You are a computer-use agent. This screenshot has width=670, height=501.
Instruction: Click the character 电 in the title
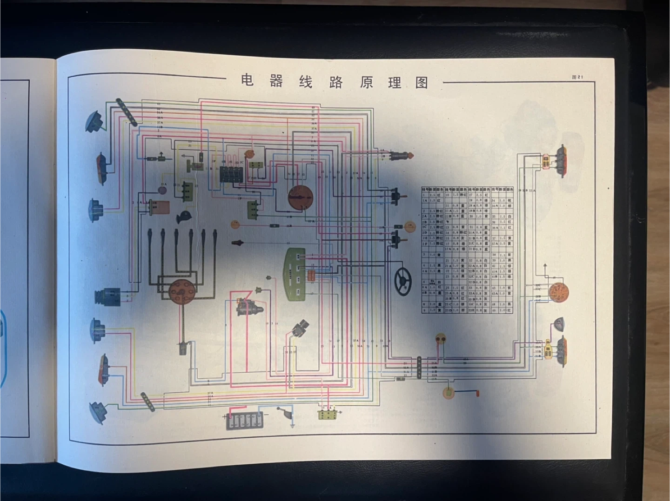tap(247, 80)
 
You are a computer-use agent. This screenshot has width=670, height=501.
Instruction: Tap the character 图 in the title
tap(422, 83)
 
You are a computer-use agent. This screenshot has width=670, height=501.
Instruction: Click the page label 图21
tap(577, 77)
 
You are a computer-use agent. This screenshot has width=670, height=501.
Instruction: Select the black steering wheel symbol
tap(403, 280)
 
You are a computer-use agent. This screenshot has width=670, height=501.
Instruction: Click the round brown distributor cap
tap(178, 291)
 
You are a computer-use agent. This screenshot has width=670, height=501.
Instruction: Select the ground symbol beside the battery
tap(292, 424)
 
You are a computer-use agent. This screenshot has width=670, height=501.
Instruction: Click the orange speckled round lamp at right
tap(558, 292)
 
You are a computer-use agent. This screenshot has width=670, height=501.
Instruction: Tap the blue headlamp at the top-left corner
tap(94, 122)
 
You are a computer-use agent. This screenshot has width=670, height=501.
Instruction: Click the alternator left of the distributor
tap(108, 296)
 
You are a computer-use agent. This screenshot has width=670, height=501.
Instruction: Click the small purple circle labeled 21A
tap(163, 190)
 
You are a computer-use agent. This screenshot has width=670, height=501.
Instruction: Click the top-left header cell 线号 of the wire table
tap(425, 190)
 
